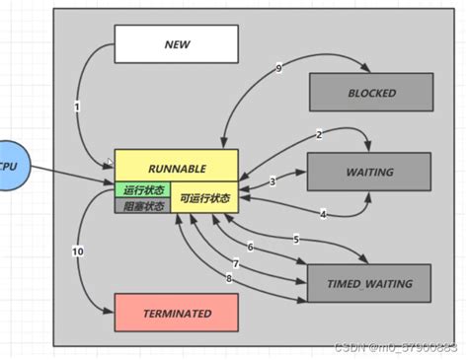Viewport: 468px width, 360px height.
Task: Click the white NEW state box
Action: [177, 44]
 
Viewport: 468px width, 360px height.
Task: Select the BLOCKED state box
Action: [371, 93]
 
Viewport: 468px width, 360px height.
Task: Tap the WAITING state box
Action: [369, 172]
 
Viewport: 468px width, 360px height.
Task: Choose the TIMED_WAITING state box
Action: [370, 283]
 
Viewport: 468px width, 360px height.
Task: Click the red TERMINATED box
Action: [177, 313]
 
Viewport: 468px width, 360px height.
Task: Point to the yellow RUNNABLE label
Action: [176, 167]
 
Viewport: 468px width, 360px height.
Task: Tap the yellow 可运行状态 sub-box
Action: [204, 198]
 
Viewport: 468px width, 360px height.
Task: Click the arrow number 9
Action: [279, 68]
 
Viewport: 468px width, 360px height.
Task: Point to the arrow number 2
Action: [319, 134]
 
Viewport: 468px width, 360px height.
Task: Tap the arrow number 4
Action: [322, 214]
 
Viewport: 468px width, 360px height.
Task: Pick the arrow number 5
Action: [295, 240]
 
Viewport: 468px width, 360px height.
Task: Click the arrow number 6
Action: [250, 247]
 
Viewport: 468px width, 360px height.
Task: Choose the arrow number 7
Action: [236, 263]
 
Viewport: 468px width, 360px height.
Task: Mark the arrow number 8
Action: [229, 279]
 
